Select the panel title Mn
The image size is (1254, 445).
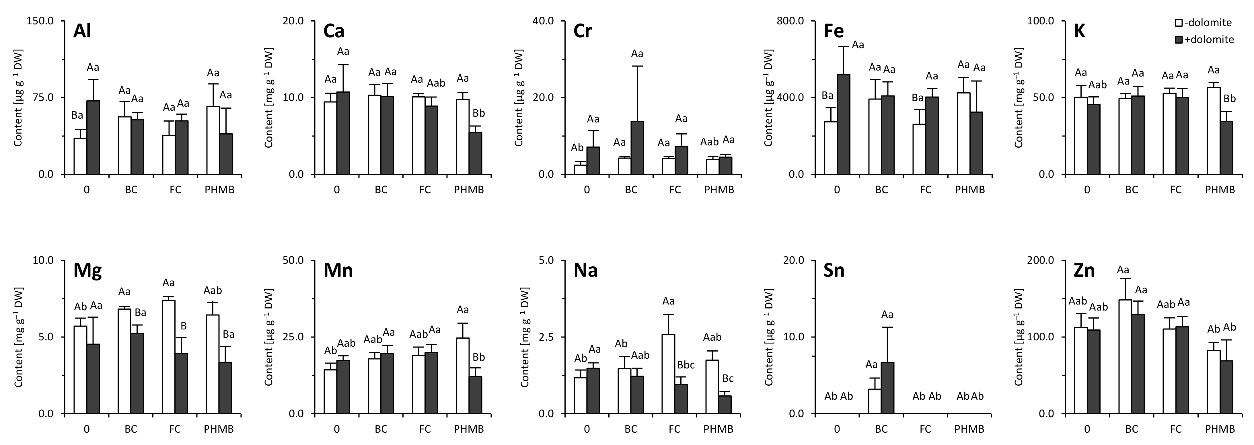tap(338, 270)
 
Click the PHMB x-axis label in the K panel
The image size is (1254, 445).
tap(1220, 190)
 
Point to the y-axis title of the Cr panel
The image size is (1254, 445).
tap(519, 97)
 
